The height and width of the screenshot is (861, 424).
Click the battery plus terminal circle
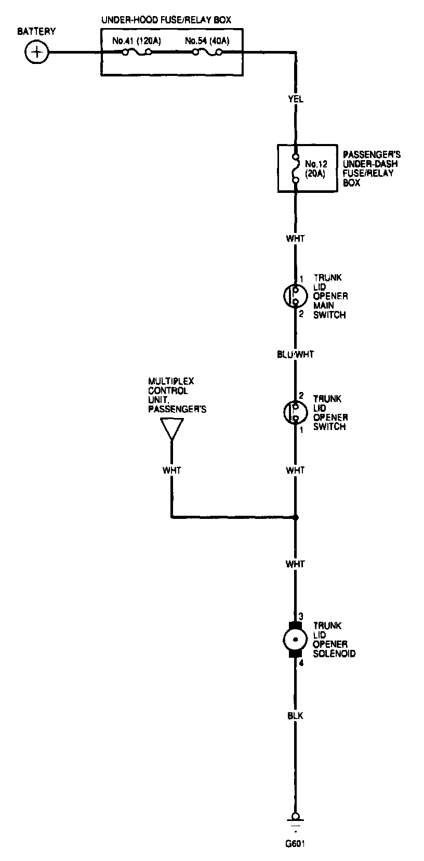pos(36,52)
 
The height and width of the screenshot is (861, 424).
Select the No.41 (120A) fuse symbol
pos(137,52)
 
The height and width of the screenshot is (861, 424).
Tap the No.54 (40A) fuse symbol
pos(207,52)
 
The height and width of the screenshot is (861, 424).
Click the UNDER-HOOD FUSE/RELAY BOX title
pos(166,20)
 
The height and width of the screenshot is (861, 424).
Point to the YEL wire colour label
pos(296,99)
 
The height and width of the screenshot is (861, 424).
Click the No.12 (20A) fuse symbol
pos(296,168)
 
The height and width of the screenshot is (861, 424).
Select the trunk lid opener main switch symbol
pos(293,296)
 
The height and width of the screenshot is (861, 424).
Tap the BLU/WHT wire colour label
pos(296,355)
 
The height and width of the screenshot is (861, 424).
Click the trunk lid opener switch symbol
pos(293,411)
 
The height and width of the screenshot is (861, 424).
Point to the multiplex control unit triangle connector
pos(171,429)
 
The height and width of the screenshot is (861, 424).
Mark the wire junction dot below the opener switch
pos(296,517)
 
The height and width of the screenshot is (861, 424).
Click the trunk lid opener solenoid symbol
pos(295,640)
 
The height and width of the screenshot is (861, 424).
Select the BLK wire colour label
pos(295,716)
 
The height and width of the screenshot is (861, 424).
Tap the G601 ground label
pos(295,843)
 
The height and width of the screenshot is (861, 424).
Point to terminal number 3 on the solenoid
pos(300,616)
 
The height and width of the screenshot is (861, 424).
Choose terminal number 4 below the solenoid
pos(300,663)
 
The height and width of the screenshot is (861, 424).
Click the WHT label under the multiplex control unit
pos(171,470)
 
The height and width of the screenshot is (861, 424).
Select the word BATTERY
pos(36,32)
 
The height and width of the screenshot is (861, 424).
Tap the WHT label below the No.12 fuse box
pos(296,239)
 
